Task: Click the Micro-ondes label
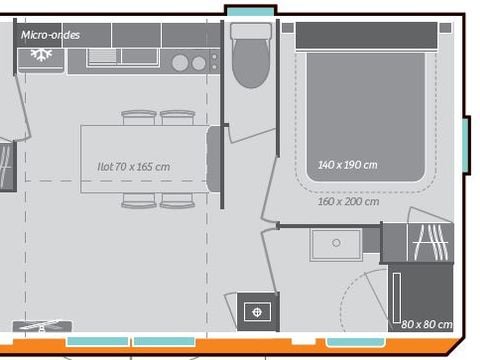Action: point(51,35)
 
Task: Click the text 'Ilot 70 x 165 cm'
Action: point(133,166)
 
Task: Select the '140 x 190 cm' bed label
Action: point(347,165)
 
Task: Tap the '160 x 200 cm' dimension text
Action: point(348,201)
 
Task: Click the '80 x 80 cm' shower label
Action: point(427,324)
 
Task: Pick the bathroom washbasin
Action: point(336,244)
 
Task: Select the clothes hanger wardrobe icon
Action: point(432,242)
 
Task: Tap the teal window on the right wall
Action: point(465,144)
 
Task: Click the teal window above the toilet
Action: point(250,11)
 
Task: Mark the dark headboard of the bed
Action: point(366,36)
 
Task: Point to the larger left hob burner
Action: point(180,63)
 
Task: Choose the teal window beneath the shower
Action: point(356,342)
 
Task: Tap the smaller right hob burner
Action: point(199,63)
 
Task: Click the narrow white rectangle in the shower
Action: point(397,299)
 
